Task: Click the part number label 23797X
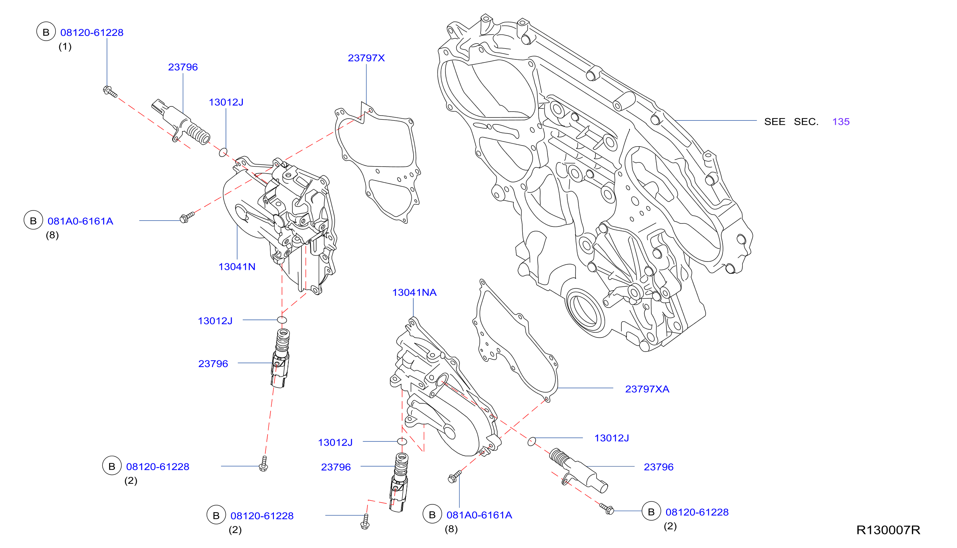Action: click(x=366, y=58)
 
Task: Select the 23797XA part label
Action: click(x=647, y=389)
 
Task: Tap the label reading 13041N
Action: click(x=237, y=267)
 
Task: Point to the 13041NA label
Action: click(x=414, y=292)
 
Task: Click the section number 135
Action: click(x=841, y=121)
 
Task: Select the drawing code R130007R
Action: click(x=889, y=530)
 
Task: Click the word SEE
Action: click(x=775, y=121)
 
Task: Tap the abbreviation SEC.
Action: click(x=806, y=121)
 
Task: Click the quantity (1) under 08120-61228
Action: click(x=65, y=47)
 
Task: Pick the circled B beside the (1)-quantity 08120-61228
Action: click(x=46, y=32)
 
